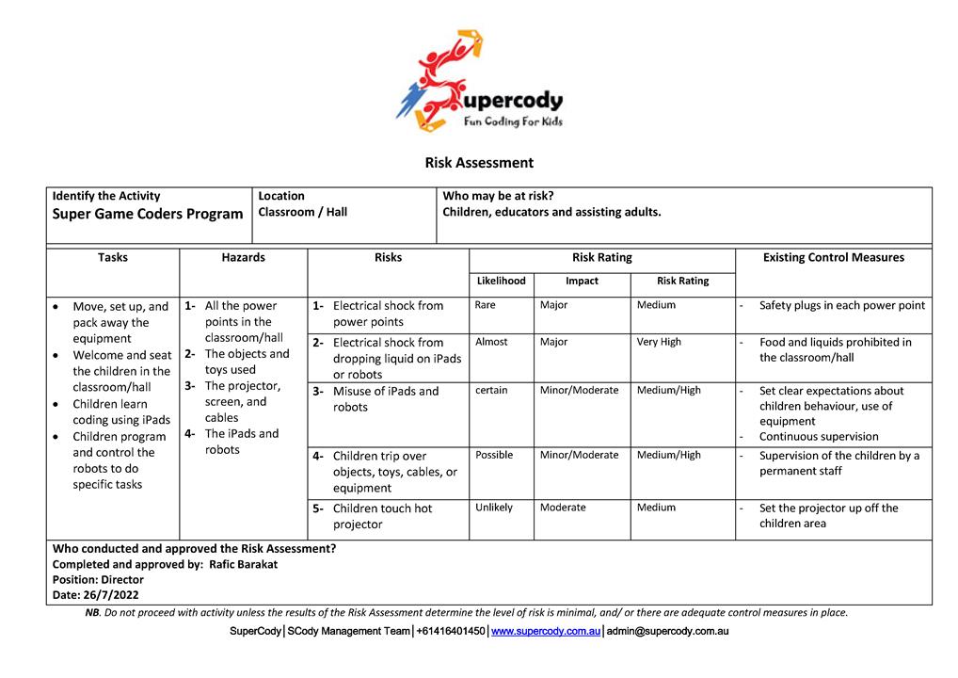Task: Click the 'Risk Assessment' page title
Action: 479,163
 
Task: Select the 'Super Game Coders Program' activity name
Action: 148,214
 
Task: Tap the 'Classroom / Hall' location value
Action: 302,212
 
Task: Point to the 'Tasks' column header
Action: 112,257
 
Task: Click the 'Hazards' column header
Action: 243,257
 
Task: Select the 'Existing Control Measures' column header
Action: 833,257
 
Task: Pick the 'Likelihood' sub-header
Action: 501,281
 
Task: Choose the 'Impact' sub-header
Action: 582,281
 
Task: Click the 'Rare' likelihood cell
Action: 486,305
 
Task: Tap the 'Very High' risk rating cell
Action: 659,342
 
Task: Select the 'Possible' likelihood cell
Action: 494,455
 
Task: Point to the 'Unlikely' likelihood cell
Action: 494,508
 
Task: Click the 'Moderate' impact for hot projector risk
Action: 563,508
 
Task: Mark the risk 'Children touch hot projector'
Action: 382,516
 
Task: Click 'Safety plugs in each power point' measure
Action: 841,305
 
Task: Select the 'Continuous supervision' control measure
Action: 819,437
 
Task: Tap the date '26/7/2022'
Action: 112,595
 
